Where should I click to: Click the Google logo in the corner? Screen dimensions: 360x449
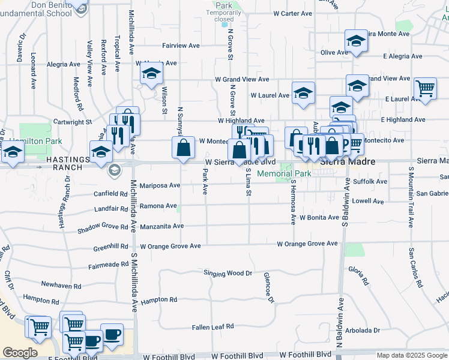pyautogui.click(x=19, y=353)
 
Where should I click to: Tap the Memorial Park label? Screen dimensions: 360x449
pyautogui.click(x=284, y=173)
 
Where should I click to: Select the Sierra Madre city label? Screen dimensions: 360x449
pyautogui.click(x=347, y=162)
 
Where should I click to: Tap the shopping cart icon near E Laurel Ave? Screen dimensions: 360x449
pyautogui.click(x=425, y=88)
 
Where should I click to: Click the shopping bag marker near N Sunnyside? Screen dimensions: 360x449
pyautogui.click(x=184, y=148)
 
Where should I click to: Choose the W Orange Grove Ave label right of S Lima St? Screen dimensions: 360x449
pyautogui.click(x=307, y=244)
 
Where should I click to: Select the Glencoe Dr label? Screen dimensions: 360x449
pyautogui.click(x=268, y=287)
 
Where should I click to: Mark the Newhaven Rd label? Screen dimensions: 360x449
pyautogui.click(x=60, y=284)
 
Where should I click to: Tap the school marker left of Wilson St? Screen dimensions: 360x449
pyautogui.click(x=151, y=74)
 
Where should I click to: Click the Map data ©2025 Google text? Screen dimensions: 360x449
pyautogui.click(x=411, y=355)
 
